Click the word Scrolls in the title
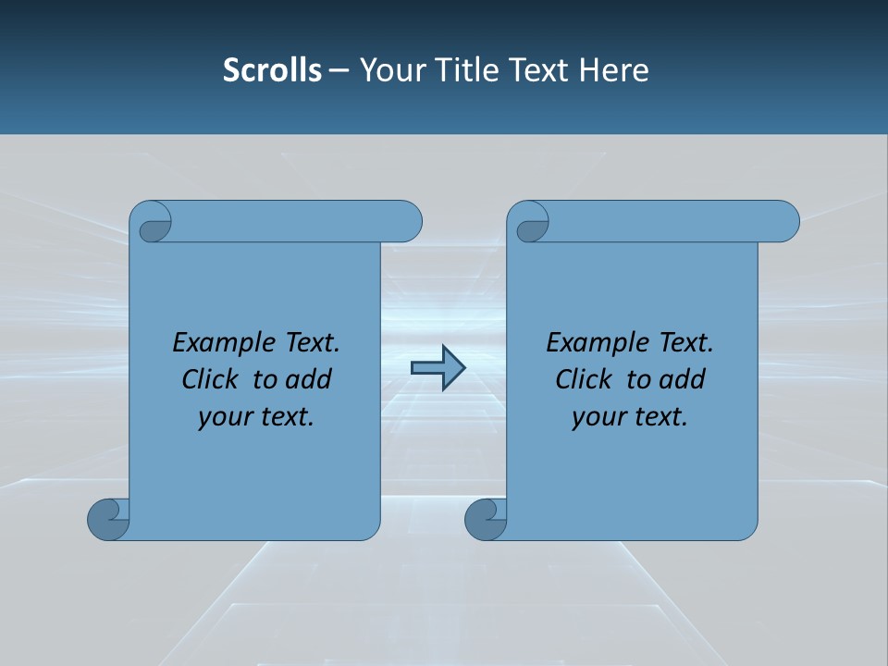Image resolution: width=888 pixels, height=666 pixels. point(272,70)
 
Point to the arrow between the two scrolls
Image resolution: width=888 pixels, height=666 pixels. point(438,368)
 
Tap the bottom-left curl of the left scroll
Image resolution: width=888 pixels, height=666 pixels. point(108,519)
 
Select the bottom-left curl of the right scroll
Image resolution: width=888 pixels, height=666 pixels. point(486,519)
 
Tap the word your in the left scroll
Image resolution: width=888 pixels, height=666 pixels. point(224,417)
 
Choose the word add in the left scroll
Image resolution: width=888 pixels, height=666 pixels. point(310,379)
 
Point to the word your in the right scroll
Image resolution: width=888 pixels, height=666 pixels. point(598,417)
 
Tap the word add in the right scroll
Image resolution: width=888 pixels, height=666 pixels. point(684,379)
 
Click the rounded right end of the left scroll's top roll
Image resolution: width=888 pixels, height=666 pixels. point(407,221)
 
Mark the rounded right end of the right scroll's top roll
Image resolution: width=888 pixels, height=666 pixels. point(784,221)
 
